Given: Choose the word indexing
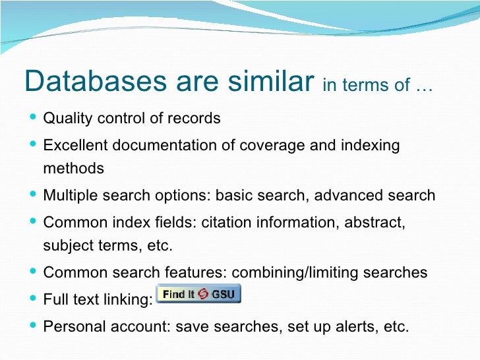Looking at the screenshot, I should click(371, 145).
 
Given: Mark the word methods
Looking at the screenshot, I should click(73, 168).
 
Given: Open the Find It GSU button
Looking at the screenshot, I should click(198, 294).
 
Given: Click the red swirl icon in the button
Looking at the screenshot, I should click(203, 294).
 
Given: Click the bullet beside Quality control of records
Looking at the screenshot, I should click(33, 119).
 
